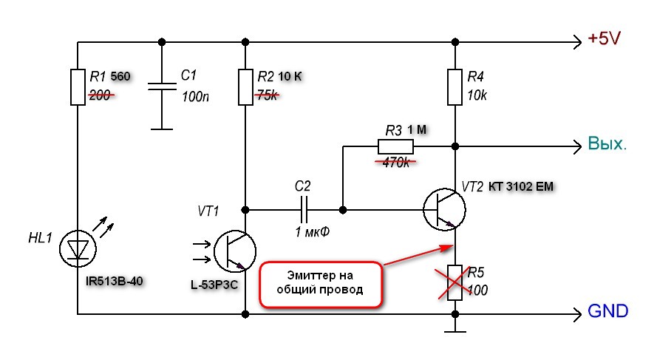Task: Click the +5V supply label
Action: (x=604, y=38)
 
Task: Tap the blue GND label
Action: (x=607, y=311)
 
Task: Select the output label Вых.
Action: (x=607, y=143)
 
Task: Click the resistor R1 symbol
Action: (x=78, y=87)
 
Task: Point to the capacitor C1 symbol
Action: (x=162, y=86)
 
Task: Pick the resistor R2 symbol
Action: (x=245, y=87)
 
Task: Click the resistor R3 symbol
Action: (x=395, y=146)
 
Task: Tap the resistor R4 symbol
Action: (x=455, y=87)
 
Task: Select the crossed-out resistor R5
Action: (x=455, y=283)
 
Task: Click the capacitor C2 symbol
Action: (x=304, y=209)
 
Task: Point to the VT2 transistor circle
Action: (x=444, y=209)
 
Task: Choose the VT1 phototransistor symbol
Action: (x=235, y=251)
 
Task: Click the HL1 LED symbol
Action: (x=78, y=248)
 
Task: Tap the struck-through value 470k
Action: (x=396, y=162)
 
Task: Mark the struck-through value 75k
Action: (x=267, y=95)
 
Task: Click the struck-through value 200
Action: (x=101, y=95)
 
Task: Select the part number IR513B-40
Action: (x=115, y=281)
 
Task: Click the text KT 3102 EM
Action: (x=521, y=186)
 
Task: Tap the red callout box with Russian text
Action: (x=321, y=285)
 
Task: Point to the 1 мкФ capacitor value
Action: (x=313, y=231)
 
